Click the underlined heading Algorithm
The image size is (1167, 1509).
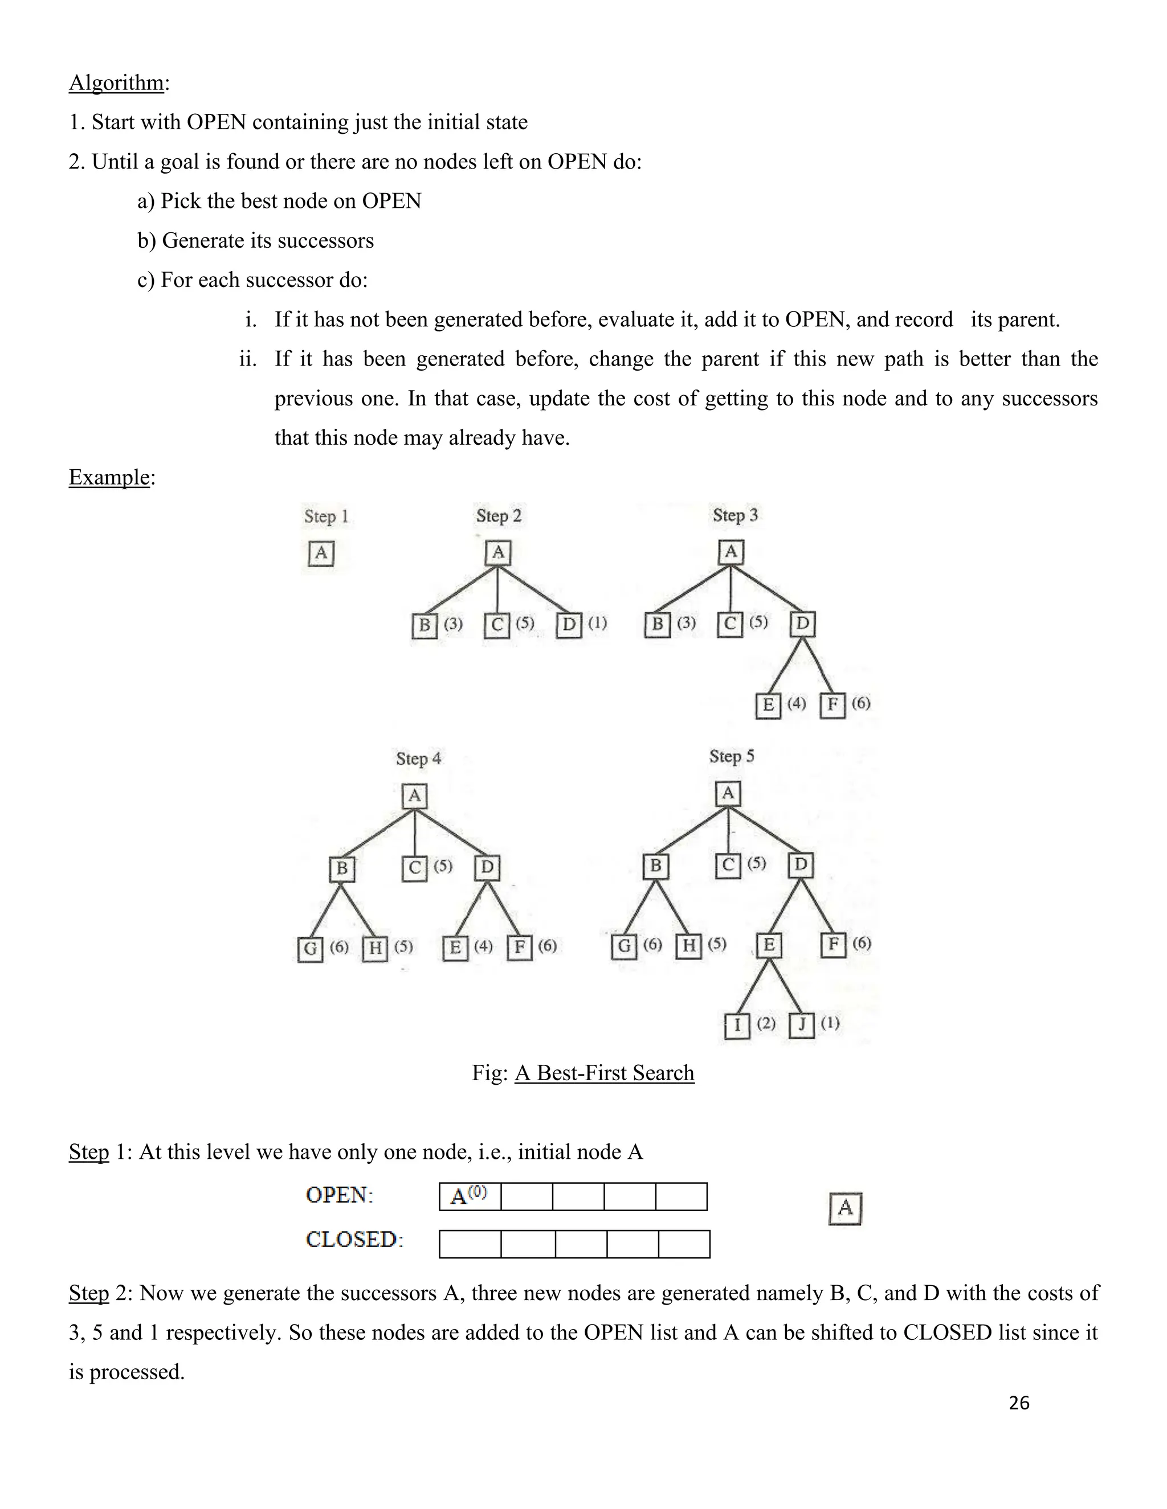tap(116, 83)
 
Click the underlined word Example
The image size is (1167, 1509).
tap(109, 477)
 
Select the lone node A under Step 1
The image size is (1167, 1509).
tap(321, 553)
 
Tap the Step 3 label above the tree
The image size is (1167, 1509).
tap(735, 515)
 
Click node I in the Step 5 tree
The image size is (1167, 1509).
tap(737, 1026)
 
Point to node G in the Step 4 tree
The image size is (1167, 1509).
tap(311, 949)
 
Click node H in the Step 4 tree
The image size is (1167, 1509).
tap(375, 948)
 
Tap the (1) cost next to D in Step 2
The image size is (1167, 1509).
tap(597, 623)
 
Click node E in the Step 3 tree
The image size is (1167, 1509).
tap(768, 706)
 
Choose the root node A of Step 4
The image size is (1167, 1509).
tap(414, 796)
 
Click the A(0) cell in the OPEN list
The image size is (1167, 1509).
tap(470, 1196)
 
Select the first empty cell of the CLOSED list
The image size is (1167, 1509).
tap(470, 1244)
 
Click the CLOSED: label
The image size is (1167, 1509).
tap(354, 1240)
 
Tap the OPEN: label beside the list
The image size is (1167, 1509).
tap(339, 1195)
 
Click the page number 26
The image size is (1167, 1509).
tap(1019, 1403)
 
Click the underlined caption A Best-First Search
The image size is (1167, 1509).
tap(604, 1073)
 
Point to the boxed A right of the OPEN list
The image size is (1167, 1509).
tap(845, 1208)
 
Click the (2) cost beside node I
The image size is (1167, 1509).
tap(766, 1023)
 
